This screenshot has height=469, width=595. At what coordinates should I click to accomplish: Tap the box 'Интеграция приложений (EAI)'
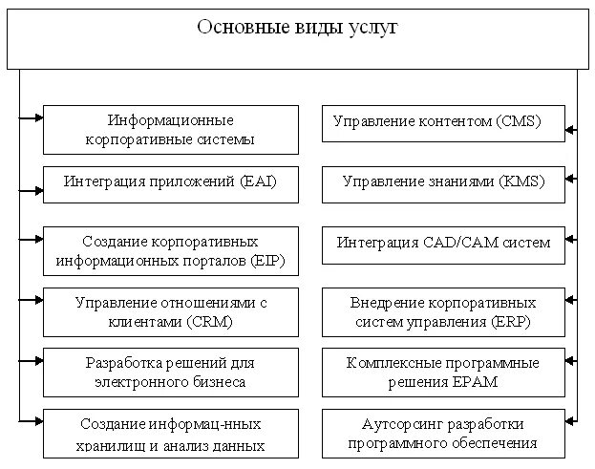(x=170, y=183)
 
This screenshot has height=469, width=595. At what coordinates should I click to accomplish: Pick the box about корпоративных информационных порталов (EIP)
(x=170, y=250)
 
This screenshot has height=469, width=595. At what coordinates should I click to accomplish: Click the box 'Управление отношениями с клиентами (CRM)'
(x=170, y=312)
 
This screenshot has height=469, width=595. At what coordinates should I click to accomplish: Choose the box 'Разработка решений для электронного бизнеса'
(x=170, y=373)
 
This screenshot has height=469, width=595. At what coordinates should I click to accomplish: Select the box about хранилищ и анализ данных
(x=170, y=434)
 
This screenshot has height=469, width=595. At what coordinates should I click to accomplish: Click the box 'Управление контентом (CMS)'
(x=442, y=123)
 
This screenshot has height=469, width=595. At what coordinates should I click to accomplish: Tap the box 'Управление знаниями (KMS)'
(x=442, y=183)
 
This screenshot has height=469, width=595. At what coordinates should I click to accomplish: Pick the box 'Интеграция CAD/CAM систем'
(x=442, y=244)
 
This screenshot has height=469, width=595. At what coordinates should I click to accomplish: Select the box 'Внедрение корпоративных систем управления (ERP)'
(x=442, y=312)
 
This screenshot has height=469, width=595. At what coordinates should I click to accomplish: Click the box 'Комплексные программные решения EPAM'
(x=442, y=373)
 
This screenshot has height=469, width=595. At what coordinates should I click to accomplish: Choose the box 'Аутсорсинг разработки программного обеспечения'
(x=442, y=434)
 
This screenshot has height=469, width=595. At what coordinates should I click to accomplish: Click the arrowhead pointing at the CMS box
(x=570, y=127)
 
